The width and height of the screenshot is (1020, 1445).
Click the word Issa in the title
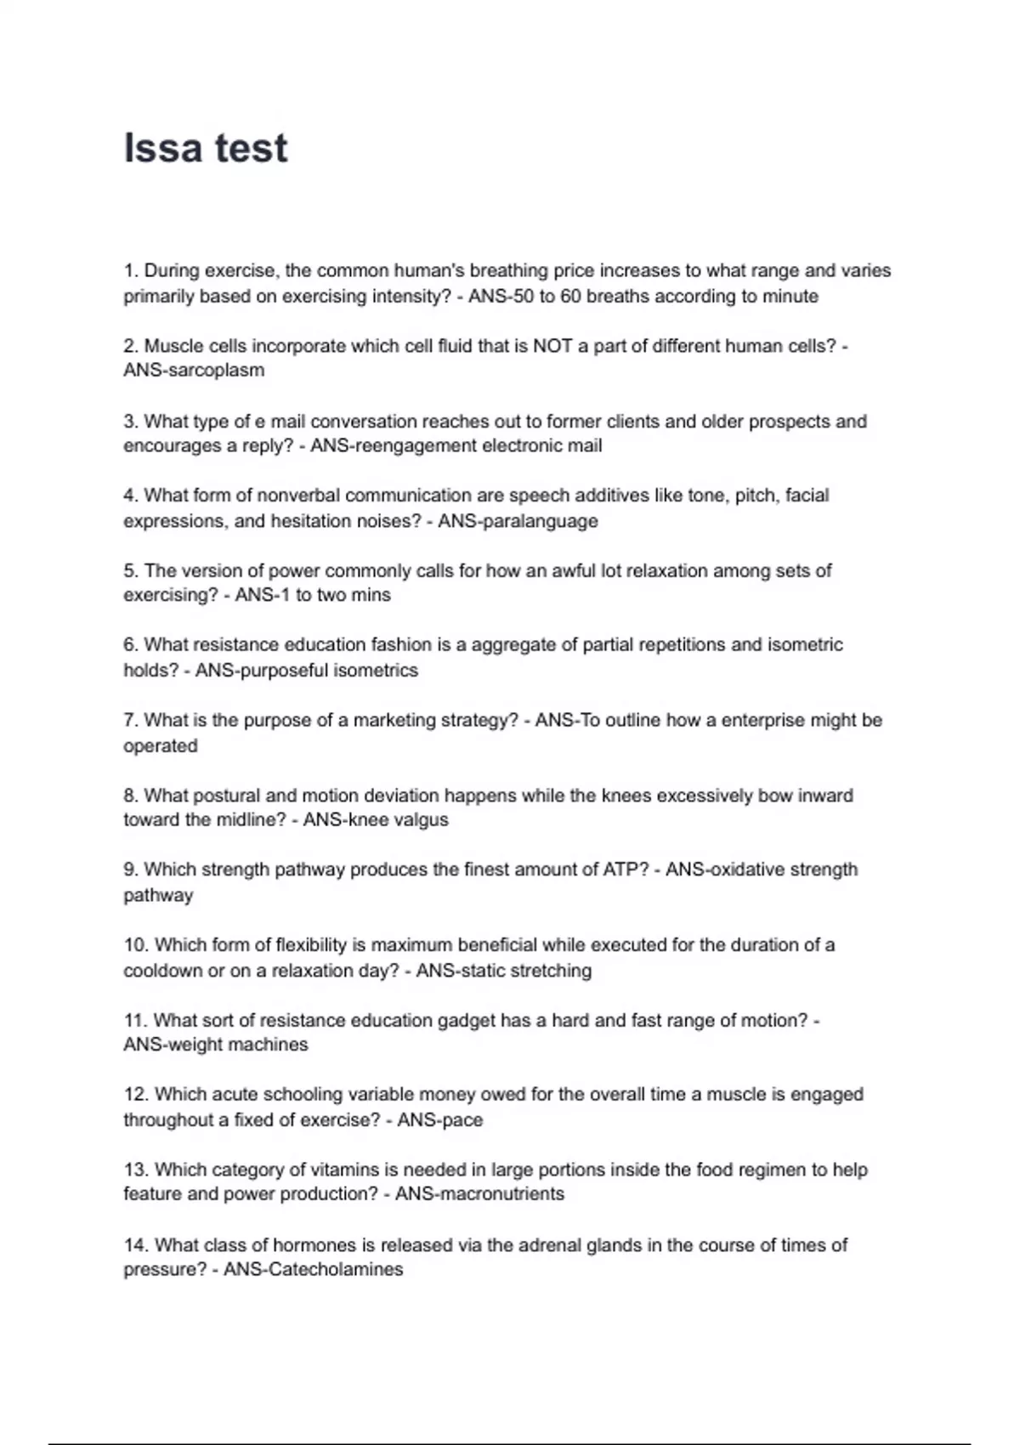[x=161, y=148]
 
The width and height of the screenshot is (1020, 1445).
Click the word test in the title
[x=252, y=148]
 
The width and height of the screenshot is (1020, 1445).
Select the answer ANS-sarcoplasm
[x=194, y=371]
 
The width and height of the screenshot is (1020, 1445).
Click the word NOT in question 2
[x=552, y=346]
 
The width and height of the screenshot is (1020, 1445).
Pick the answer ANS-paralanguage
[x=518, y=521]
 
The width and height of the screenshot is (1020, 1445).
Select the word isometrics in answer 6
[x=375, y=671]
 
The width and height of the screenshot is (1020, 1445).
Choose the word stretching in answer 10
[x=548, y=971]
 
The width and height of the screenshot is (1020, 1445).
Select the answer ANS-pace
[x=439, y=1120]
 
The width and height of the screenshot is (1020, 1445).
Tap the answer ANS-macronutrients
[x=479, y=1194]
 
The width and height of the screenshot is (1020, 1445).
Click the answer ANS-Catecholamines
[x=313, y=1270]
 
